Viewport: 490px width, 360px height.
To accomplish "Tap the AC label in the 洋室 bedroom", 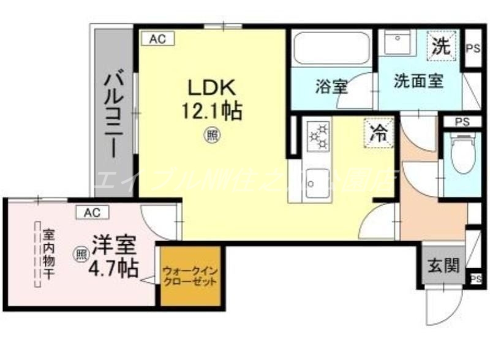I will coord(92,212).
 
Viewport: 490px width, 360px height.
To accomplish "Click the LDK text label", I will coord(211,88).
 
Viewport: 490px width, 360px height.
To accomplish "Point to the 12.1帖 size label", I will coord(211,111).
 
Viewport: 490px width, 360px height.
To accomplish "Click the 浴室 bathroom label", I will coord(331,87).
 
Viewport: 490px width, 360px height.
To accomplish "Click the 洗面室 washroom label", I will coord(419,80).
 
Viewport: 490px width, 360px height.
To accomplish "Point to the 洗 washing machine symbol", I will coord(442,46).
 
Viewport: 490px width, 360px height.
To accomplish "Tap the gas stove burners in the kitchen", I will coord(318,137).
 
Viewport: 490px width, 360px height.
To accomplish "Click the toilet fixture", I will coord(459,153).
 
